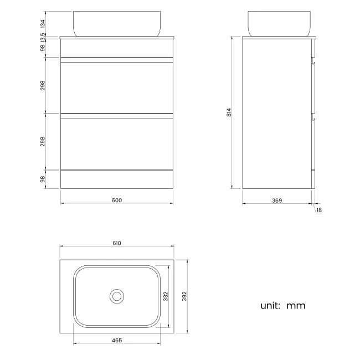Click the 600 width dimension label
tap(116, 200)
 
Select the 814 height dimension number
tap(228, 112)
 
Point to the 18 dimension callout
tap(319, 210)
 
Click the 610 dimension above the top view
tap(117, 243)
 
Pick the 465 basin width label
tap(117, 340)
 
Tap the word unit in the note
tap(270, 305)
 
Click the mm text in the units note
tap(296, 306)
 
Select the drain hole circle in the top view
tap(117, 296)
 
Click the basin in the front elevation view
tap(117, 23)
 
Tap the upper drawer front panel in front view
tap(117, 89)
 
